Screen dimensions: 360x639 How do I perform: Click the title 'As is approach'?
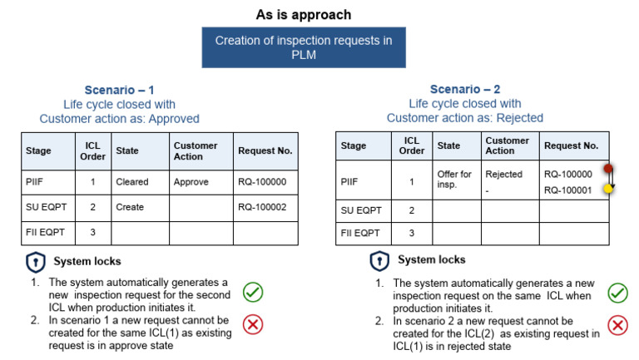click(303, 15)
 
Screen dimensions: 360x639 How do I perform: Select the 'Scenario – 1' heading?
click(119, 90)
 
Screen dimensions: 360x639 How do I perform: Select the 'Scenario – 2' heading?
click(465, 90)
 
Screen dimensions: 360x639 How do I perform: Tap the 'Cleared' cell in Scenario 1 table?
click(132, 180)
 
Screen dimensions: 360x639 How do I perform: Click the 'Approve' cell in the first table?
click(191, 180)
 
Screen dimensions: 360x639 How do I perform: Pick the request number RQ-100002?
click(261, 207)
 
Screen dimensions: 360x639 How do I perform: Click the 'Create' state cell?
click(130, 207)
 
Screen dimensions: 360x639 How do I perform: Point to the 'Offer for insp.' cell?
click(454, 180)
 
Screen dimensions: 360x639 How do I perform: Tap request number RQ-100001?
click(567, 190)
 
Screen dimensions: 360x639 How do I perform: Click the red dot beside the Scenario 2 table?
click(608, 169)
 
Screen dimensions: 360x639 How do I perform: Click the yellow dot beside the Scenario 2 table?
click(608, 190)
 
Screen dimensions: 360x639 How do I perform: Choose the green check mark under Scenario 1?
click(253, 292)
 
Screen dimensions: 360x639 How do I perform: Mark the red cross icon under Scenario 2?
click(617, 325)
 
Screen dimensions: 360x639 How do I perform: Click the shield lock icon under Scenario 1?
click(36, 263)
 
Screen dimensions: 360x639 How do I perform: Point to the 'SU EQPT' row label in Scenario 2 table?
click(359, 210)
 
